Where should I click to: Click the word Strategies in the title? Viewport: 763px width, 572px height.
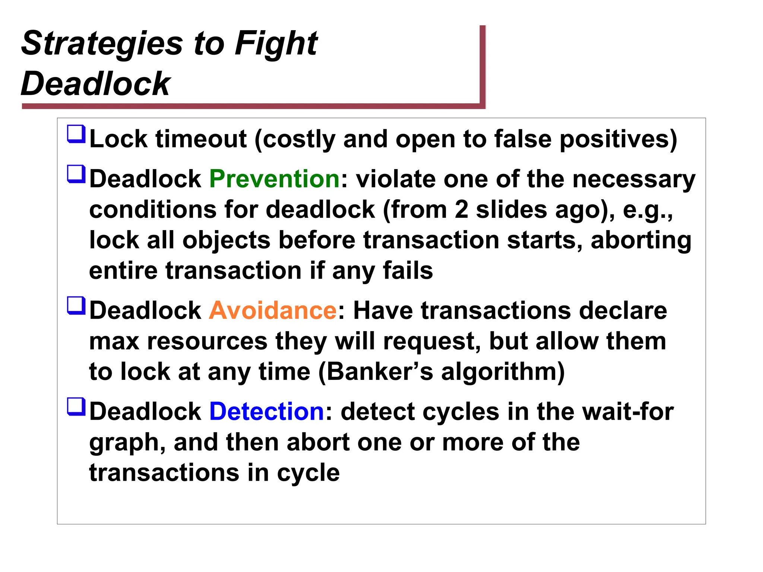click(102, 44)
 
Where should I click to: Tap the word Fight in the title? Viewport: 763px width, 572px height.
click(276, 44)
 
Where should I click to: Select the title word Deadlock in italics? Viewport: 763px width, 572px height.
click(96, 83)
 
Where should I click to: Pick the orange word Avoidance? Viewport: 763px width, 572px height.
click(273, 310)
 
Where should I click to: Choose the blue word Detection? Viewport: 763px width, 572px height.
click(267, 411)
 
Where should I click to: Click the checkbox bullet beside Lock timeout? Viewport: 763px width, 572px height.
click(76, 134)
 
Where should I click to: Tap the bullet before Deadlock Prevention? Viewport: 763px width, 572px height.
click(76, 174)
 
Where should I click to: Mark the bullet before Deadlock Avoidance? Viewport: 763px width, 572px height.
click(76, 306)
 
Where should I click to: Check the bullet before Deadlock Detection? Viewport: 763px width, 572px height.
click(76, 407)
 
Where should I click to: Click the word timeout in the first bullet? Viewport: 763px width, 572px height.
click(201, 139)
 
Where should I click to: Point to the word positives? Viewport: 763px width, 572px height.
click(618, 139)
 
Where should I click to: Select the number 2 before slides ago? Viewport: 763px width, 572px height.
click(461, 209)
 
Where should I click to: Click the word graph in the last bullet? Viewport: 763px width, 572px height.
click(127, 443)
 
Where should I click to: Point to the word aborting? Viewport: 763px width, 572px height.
click(641, 240)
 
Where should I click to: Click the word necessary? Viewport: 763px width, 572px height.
click(634, 179)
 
